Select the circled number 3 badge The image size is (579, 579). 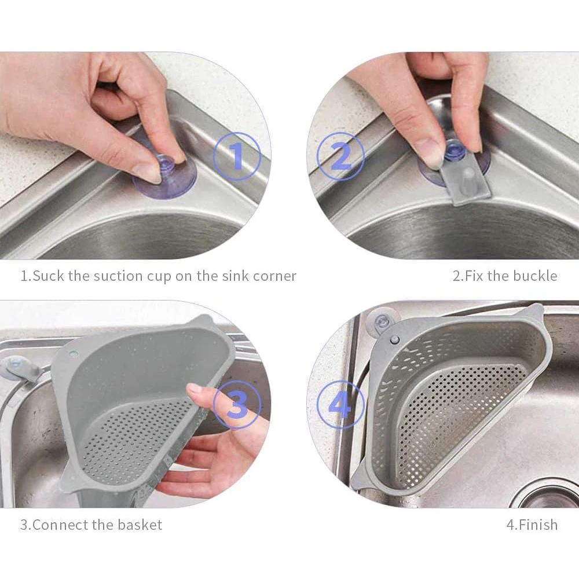[x=237, y=405]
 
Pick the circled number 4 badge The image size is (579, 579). [x=340, y=405]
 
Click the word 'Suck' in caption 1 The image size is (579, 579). [x=49, y=276]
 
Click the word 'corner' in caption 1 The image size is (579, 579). [x=274, y=276]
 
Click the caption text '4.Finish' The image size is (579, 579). [x=532, y=525]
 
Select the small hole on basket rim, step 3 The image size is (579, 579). [x=74, y=352]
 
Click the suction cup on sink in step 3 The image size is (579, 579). [x=15, y=367]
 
